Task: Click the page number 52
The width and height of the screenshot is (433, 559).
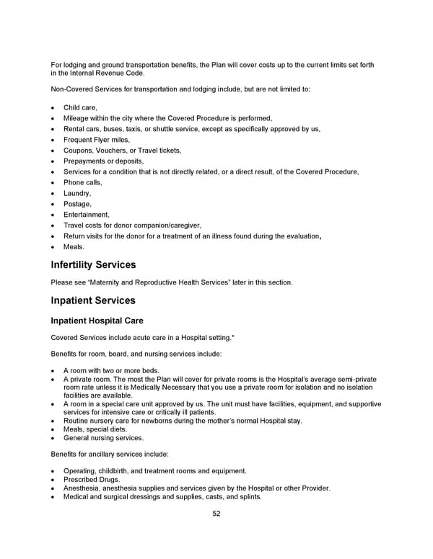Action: pos(216,514)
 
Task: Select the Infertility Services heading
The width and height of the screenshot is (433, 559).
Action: pos(93,264)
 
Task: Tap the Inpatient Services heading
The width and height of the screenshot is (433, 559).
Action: pos(92,300)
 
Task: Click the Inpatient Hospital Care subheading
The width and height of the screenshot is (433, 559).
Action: pos(96,321)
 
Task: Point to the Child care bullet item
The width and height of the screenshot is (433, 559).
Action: pos(80,107)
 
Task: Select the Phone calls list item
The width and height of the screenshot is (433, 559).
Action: pos(82,182)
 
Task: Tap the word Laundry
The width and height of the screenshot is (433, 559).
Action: pos(77,193)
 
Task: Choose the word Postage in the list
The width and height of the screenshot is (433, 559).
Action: pos(77,204)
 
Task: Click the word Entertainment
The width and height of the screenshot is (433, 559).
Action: pos(86,215)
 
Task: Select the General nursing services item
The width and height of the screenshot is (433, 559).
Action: pos(103,437)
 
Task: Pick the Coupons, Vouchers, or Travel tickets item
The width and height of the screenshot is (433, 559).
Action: pos(122,151)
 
